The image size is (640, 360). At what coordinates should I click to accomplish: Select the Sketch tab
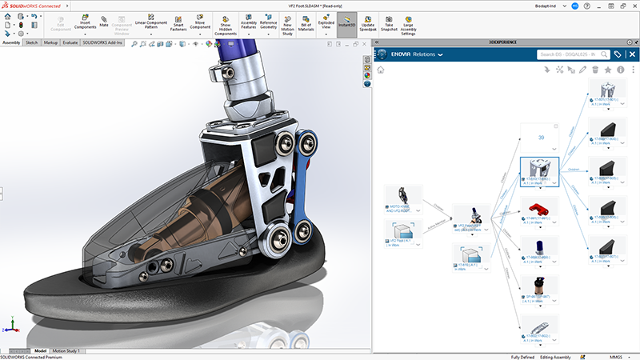click(32, 42)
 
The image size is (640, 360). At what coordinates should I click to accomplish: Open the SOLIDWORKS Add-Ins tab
click(103, 42)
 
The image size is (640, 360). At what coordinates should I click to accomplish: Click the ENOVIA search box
click(570, 54)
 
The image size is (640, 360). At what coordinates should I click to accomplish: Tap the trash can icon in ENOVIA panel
click(594, 70)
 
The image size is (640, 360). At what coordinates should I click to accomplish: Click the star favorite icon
click(607, 70)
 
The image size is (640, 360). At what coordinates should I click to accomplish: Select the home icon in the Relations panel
click(381, 70)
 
